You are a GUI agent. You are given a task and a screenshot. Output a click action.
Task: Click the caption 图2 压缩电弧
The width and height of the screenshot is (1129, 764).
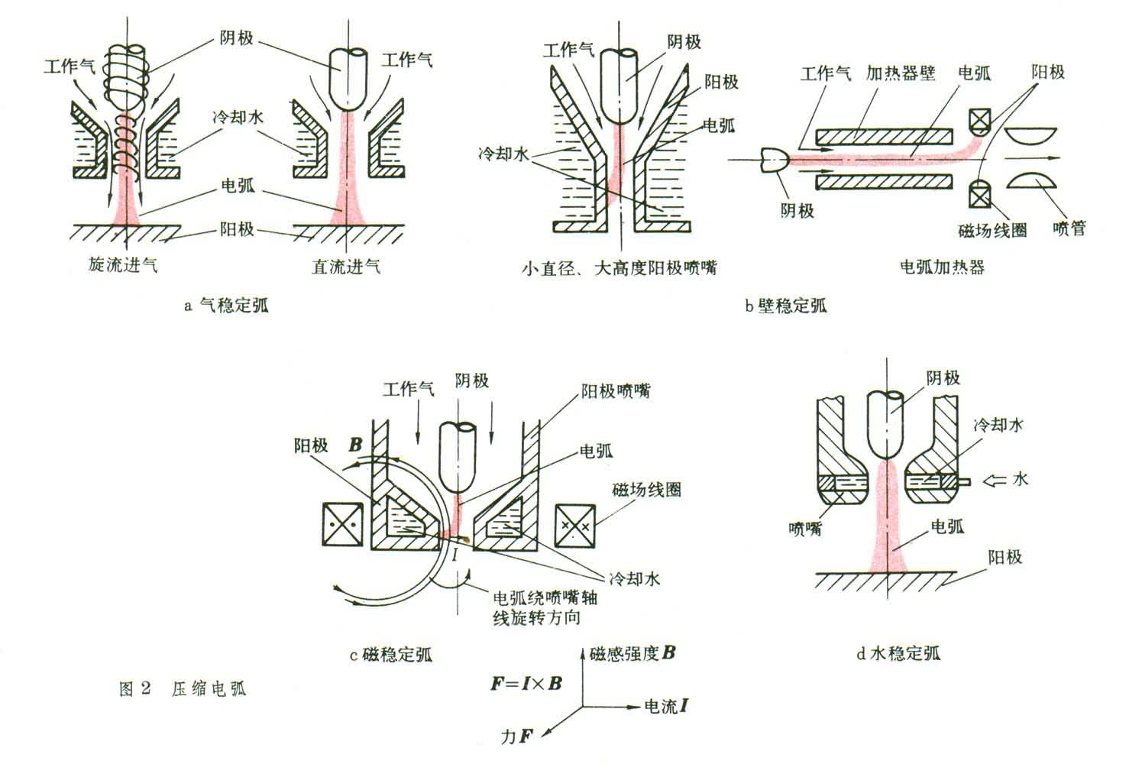tap(183, 689)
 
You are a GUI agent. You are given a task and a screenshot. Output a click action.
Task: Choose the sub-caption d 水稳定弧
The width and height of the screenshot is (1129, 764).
tap(898, 653)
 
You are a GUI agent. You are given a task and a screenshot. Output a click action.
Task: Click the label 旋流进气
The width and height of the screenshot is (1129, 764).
tap(123, 266)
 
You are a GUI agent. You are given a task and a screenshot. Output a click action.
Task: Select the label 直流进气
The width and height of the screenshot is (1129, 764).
tap(346, 266)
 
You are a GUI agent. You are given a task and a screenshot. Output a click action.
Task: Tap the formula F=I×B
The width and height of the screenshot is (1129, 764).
tap(526, 683)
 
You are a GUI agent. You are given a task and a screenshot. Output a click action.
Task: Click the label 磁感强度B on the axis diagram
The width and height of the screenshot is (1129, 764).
tap(632, 654)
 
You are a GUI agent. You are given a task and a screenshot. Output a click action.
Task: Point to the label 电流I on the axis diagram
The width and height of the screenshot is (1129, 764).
tap(666, 706)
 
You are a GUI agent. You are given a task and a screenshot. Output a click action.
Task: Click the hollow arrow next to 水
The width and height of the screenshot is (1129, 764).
tap(992, 480)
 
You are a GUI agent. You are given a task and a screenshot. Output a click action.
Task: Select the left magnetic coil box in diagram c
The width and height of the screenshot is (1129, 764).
tap(341, 526)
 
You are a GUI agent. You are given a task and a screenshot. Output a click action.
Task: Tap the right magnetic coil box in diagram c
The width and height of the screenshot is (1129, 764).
tap(575, 526)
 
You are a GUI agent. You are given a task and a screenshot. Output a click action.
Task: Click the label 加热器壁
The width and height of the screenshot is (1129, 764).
tap(901, 73)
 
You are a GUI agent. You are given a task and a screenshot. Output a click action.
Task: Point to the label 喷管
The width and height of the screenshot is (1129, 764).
tap(1069, 228)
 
